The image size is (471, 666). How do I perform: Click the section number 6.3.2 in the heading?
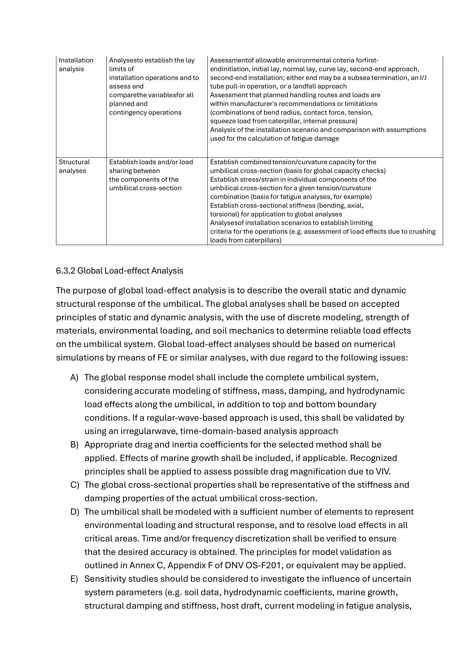pos(65,271)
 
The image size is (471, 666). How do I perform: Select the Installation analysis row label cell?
pos(76,65)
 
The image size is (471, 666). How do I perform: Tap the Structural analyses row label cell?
pos(74,166)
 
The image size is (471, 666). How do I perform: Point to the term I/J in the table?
pos(423,77)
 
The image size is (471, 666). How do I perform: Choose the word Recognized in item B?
pos(374,458)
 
